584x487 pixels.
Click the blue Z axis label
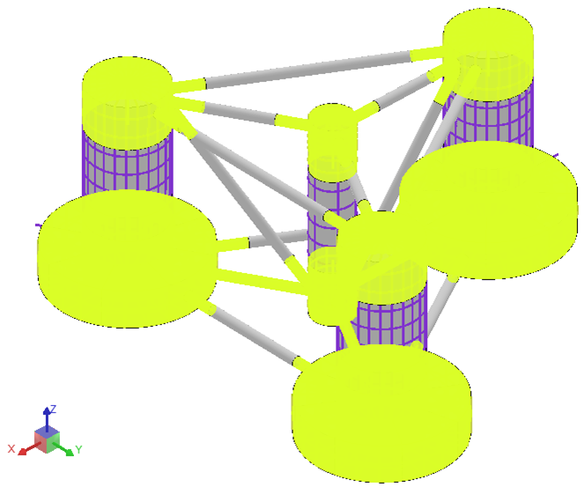tap(53, 410)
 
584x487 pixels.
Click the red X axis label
tap(12, 448)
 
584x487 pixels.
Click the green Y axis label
tap(78, 449)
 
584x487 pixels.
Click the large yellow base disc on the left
tap(127, 255)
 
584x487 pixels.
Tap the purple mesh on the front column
tap(388, 317)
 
